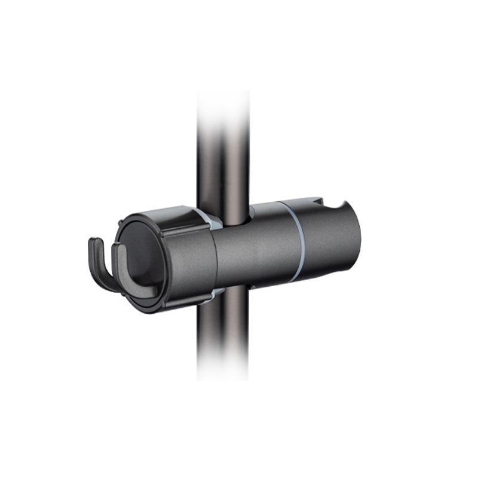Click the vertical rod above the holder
pyautogui.click(x=223, y=167)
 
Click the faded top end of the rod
pyautogui.click(x=223, y=105)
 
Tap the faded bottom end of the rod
pyautogui.click(x=223, y=367)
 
